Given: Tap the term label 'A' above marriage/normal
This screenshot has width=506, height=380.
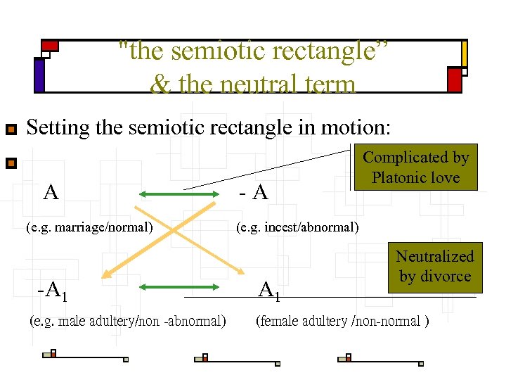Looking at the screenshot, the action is [x=51, y=192].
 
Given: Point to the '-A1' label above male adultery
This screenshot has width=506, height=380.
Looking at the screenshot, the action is [x=53, y=289].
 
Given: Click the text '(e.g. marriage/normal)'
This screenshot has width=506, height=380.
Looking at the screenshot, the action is [x=89, y=227].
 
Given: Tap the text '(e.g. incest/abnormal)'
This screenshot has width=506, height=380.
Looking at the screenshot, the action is [x=297, y=227].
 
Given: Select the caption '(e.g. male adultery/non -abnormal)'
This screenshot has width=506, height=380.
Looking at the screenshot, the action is [x=128, y=322].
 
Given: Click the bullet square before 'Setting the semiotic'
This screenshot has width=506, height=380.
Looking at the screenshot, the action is [x=11, y=129].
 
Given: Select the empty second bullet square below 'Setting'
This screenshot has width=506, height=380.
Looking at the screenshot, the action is [x=11, y=164].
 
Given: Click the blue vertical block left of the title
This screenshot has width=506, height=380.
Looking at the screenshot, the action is [x=39, y=75].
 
